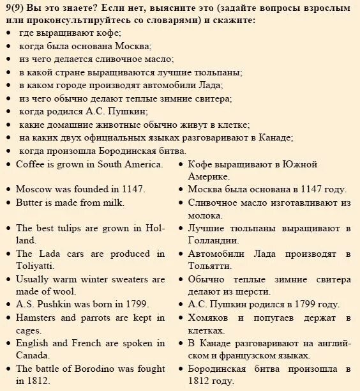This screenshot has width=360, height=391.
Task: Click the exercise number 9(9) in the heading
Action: point(15,8)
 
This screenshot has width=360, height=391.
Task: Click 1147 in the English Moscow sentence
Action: point(134,189)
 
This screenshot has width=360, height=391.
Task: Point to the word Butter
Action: point(30,202)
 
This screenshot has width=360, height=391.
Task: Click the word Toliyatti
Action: point(35,265)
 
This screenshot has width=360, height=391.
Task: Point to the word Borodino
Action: point(96,369)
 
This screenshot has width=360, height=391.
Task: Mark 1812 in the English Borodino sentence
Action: point(40,381)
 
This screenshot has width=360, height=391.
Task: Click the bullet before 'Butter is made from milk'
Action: point(8,203)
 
